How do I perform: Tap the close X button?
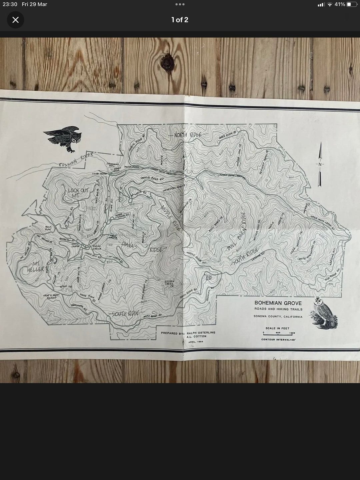click(x=15, y=20)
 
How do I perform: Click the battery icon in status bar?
click(x=351, y=4)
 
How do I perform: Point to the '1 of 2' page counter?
click(x=180, y=20)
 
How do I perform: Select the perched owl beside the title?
click(x=320, y=312)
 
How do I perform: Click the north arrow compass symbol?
click(x=320, y=164)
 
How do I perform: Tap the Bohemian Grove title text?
click(x=278, y=303)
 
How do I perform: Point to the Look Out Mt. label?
click(x=78, y=193)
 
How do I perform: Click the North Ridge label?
click(x=188, y=135)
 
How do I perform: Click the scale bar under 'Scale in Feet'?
click(x=278, y=333)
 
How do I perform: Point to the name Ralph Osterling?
click(x=201, y=332)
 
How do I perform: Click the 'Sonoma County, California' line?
click(x=278, y=316)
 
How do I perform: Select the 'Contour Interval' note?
click(x=278, y=340)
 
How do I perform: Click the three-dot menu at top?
click(x=180, y=4)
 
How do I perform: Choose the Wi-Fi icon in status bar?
click(x=330, y=4)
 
